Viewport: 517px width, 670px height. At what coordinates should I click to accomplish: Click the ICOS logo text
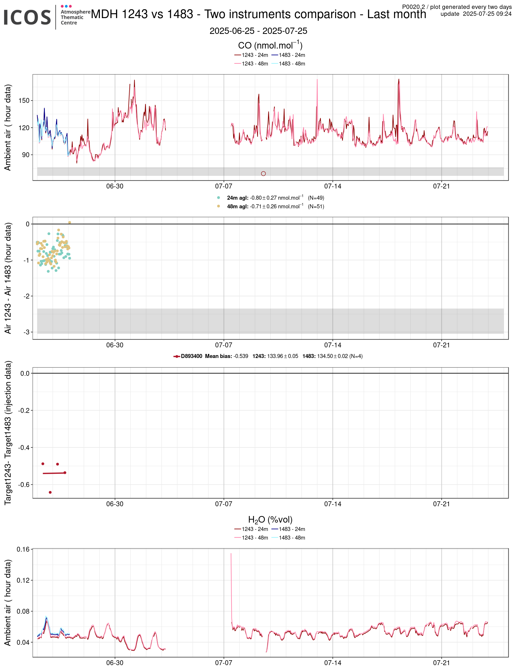[27, 17]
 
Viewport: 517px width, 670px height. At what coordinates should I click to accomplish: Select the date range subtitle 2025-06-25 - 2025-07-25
[258, 31]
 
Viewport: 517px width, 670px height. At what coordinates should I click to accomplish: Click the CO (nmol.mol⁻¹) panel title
[270, 45]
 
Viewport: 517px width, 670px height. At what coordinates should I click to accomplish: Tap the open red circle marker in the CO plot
[263, 174]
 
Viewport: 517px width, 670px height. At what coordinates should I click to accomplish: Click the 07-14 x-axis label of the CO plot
[332, 186]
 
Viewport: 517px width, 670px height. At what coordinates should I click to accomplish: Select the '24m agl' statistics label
[238, 198]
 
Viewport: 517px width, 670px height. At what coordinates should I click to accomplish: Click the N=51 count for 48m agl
[316, 207]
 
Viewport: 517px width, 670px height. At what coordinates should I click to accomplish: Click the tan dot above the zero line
[70, 223]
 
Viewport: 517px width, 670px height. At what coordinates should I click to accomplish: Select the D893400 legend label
[191, 357]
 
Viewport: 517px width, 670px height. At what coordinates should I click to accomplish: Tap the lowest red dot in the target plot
[50, 492]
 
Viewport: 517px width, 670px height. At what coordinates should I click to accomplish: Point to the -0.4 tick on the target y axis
[24, 448]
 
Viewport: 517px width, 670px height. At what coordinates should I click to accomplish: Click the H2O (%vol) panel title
[270, 520]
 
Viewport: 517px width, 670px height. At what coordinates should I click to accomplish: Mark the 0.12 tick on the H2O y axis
[23, 580]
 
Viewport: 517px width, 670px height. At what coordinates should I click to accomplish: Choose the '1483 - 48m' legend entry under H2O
[292, 538]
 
